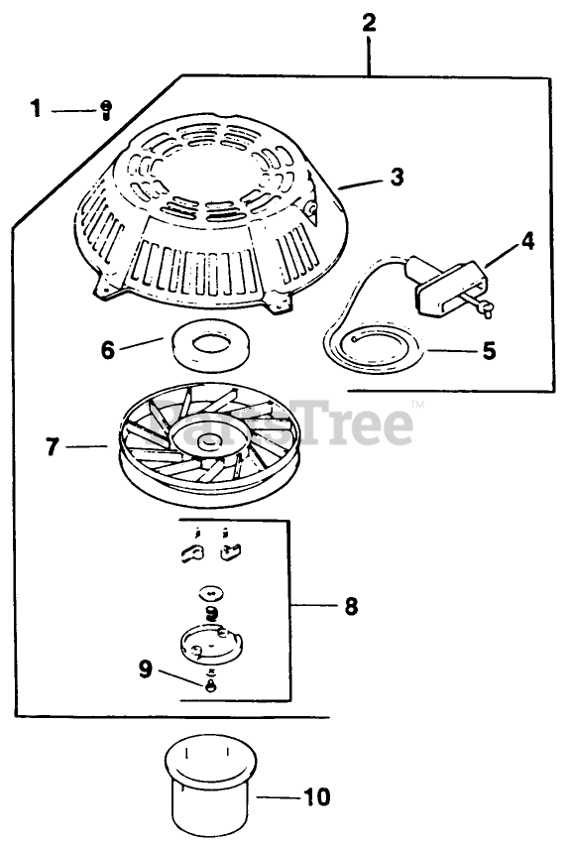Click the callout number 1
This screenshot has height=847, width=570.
tap(36, 109)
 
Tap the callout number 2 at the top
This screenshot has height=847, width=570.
tap(369, 23)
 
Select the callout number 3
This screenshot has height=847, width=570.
tap(397, 177)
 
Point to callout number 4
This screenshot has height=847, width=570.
tap(527, 241)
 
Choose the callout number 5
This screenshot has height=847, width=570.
tap(489, 350)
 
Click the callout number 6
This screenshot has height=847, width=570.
tap(108, 350)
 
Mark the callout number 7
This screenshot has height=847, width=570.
tap(52, 446)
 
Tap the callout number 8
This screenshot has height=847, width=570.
tap(351, 606)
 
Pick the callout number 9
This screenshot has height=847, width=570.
tap(145, 669)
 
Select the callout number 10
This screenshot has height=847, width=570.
tap(317, 796)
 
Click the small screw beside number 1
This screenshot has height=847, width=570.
tap(106, 111)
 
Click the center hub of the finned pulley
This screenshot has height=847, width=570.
tap(208, 442)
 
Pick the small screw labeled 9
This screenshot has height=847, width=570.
tap(211, 684)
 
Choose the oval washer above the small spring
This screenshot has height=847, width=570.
tap(211, 592)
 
